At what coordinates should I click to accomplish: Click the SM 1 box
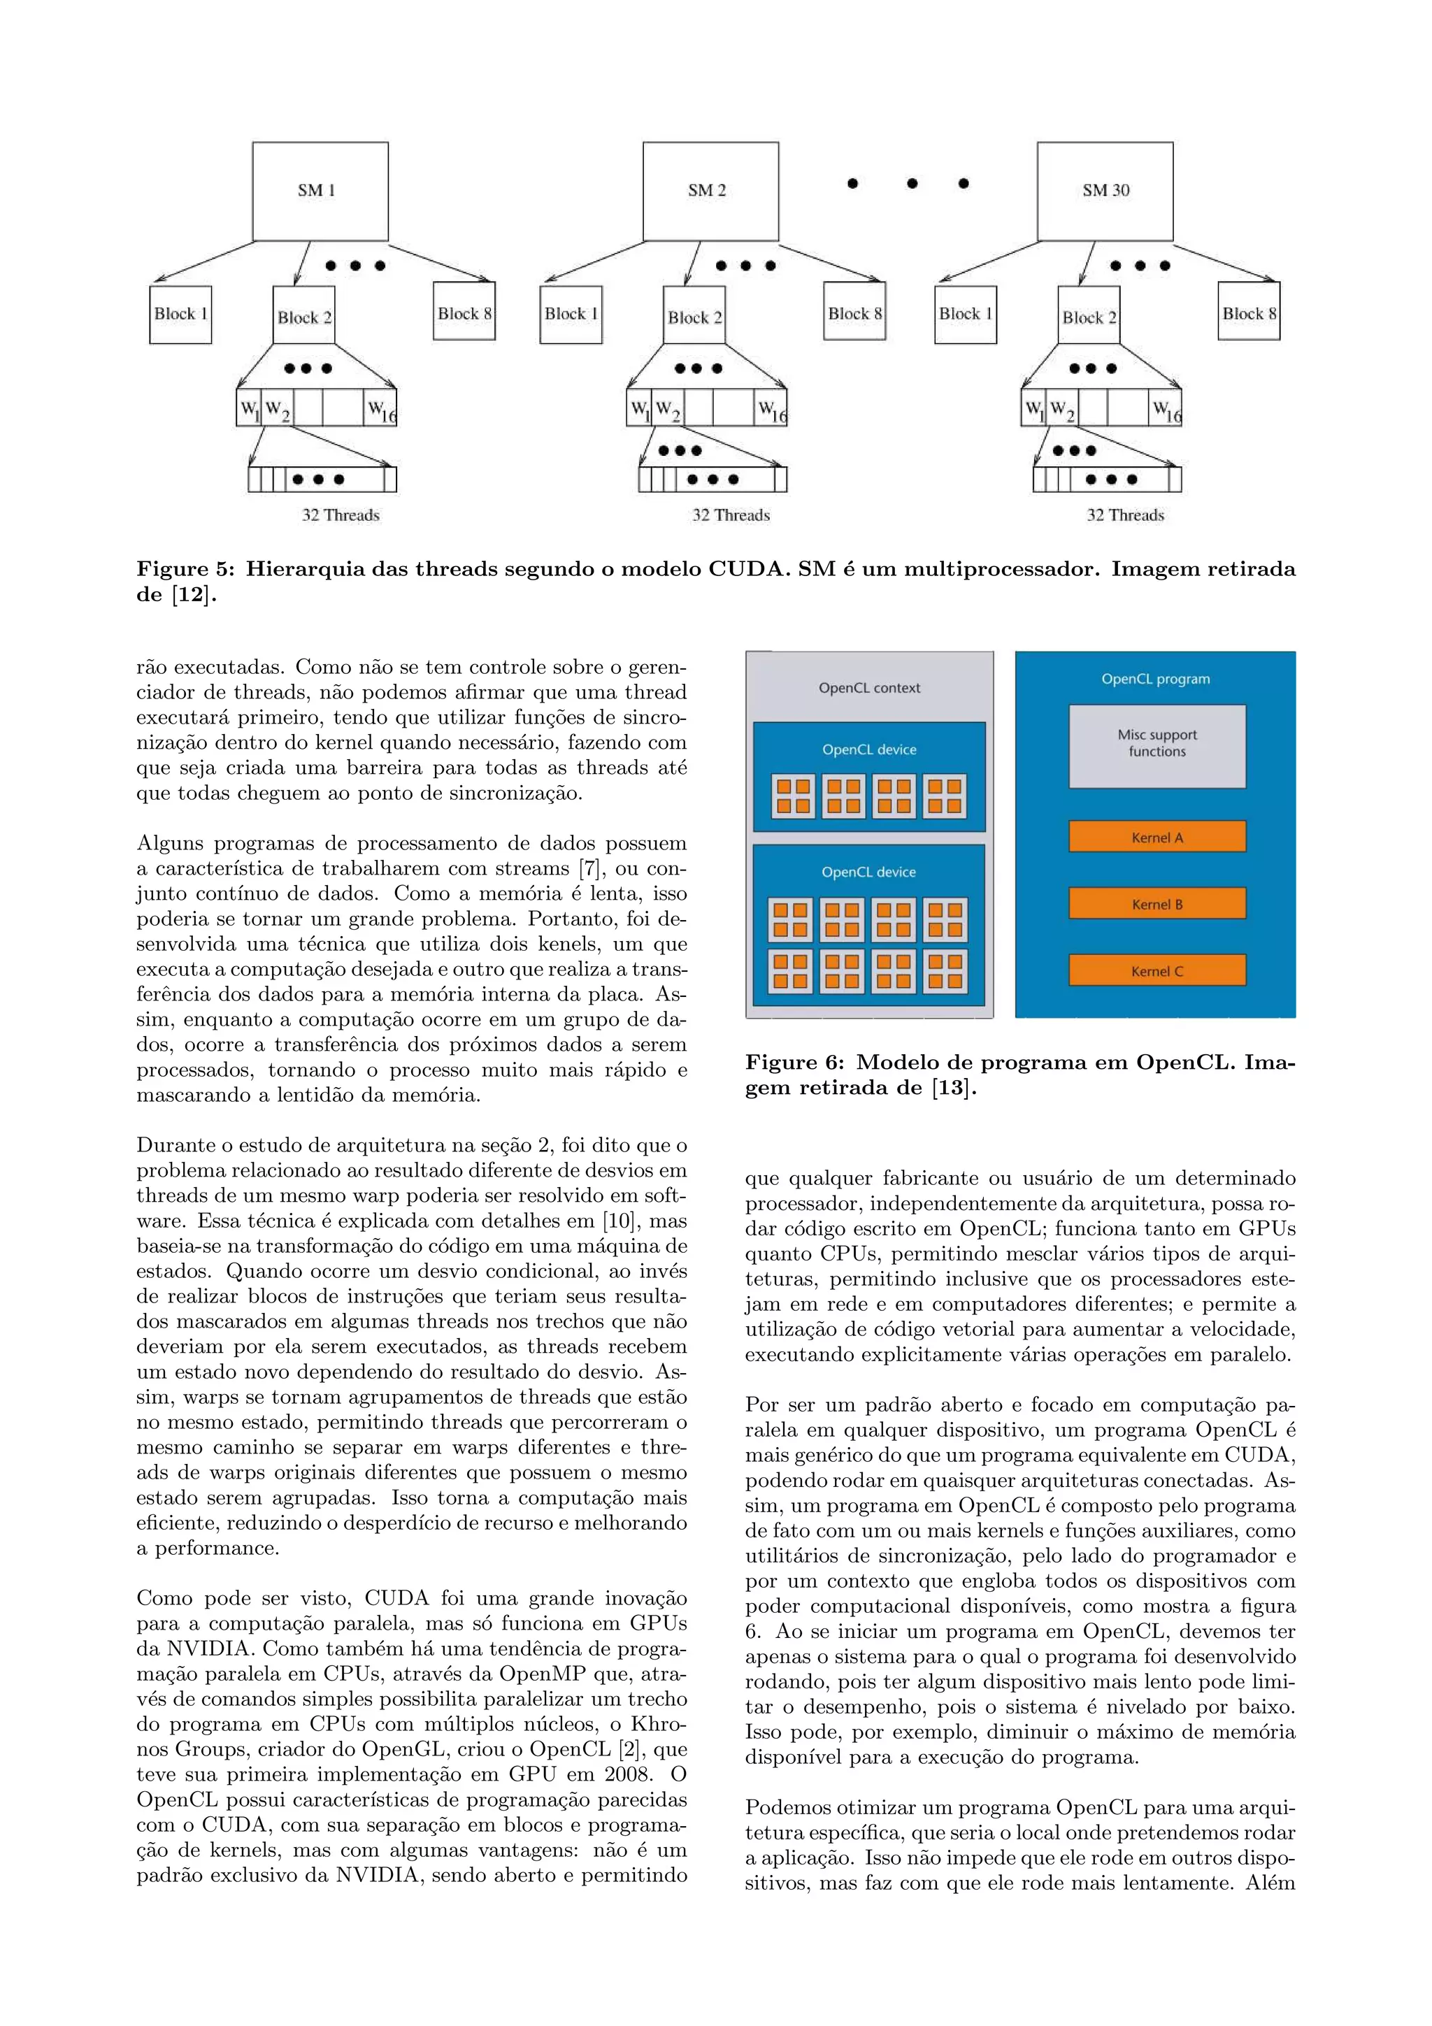pyautogui.click(x=320, y=191)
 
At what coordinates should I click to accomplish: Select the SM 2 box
pyautogui.click(x=710, y=191)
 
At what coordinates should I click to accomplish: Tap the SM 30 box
pyautogui.click(x=1105, y=191)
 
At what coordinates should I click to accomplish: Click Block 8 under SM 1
pyautogui.click(x=464, y=312)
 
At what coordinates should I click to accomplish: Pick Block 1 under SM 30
pyautogui.click(x=965, y=314)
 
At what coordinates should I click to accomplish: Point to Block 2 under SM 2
pyautogui.click(x=694, y=316)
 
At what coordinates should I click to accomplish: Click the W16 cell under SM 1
pyautogui.click(x=380, y=408)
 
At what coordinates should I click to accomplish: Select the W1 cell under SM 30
pyautogui.click(x=1032, y=408)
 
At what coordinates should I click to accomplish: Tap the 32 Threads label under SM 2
pyautogui.click(x=731, y=515)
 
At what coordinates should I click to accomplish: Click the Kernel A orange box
pyautogui.click(x=1157, y=837)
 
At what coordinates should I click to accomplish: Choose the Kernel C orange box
pyautogui.click(x=1157, y=970)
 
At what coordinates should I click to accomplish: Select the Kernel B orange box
pyautogui.click(x=1157, y=903)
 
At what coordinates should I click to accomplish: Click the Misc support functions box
pyautogui.click(x=1157, y=745)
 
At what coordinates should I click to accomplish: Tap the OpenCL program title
pyautogui.click(x=1155, y=679)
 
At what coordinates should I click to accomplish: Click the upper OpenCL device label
pyautogui.click(x=868, y=749)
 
